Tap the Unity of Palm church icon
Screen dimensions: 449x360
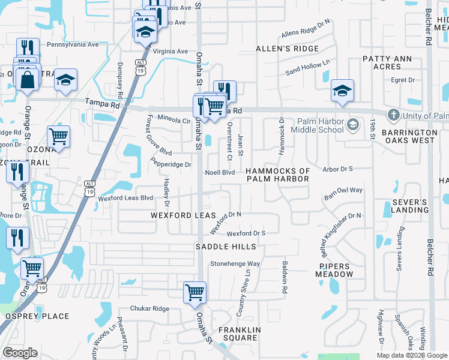point(393,115)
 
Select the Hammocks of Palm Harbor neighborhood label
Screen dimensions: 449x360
point(279,175)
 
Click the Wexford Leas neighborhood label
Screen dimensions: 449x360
point(179,215)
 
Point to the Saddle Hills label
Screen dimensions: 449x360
point(226,247)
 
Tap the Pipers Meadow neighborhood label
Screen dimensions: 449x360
point(336,270)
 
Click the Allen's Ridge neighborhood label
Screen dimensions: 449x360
point(282,48)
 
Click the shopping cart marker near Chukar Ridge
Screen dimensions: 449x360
point(194,293)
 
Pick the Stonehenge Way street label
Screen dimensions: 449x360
point(234,263)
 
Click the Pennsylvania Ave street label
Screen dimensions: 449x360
point(73,44)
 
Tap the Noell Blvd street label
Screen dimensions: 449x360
point(220,172)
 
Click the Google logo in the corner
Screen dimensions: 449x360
point(20,353)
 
